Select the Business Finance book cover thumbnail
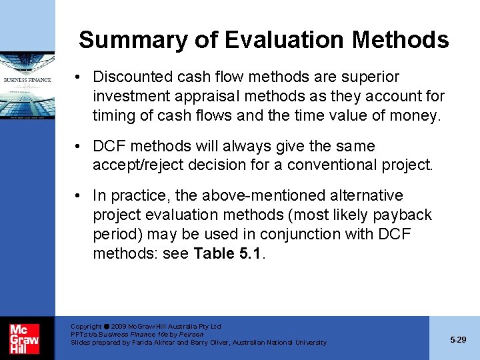27,87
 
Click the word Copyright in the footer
86,327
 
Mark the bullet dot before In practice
79,196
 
